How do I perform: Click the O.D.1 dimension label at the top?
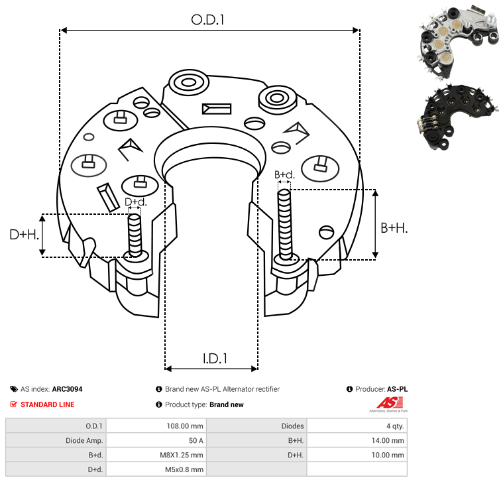click(x=207, y=20)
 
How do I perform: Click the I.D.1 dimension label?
click(x=215, y=359)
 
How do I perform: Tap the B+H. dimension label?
click(x=394, y=228)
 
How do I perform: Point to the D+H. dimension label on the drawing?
click(x=25, y=235)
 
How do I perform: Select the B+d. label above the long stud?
click(x=284, y=174)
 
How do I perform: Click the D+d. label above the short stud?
click(x=135, y=202)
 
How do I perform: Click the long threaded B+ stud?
click(x=285, y=224)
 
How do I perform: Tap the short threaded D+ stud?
click(x=135, y=235)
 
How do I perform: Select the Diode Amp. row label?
click(x=84, y=441)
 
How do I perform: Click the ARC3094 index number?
click(x=67, y=389)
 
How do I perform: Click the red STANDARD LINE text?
click(x=48, y=404)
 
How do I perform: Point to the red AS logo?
click(x=390, y=402)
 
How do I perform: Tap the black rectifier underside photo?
click(x=457, y=117)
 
